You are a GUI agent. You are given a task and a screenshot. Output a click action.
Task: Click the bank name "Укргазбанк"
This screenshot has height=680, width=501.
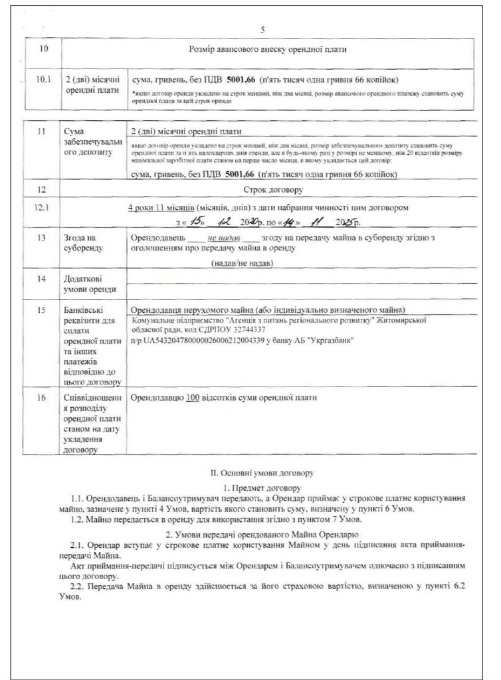coord(331,340)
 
